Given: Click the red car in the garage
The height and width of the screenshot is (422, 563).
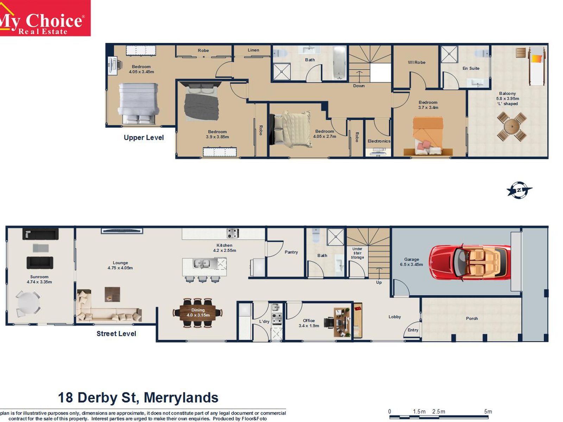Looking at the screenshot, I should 470,262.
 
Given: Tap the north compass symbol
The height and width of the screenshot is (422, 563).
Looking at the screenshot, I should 519,190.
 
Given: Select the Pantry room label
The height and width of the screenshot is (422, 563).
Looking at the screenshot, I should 291,252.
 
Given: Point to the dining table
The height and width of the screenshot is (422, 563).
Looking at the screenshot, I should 197,312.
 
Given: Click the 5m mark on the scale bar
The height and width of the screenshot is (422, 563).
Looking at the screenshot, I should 488,412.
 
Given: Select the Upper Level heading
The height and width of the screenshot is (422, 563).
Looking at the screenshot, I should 144,138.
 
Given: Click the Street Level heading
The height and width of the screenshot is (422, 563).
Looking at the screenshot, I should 116,334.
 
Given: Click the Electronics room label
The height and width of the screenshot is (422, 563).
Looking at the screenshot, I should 379,141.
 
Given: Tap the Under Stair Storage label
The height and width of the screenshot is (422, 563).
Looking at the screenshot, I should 357,253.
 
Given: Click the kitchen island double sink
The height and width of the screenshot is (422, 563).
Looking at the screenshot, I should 201,263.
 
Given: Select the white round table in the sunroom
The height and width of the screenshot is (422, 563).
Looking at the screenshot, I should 28,303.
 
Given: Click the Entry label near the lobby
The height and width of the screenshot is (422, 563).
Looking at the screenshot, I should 413,330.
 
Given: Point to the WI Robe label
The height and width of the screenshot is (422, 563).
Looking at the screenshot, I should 417,62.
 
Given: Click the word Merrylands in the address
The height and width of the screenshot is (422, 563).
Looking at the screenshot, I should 181,398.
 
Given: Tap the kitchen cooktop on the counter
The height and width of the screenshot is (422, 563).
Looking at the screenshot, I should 233,233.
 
